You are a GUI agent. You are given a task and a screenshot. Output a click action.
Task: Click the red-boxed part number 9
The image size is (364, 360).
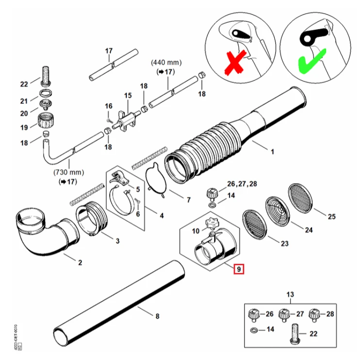point(239,269)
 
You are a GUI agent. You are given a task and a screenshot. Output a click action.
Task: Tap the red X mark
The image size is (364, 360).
point(235,63)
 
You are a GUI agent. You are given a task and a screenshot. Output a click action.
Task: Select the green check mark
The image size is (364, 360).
point(312,61)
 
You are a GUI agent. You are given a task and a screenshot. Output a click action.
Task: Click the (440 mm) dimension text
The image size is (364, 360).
point(166,63)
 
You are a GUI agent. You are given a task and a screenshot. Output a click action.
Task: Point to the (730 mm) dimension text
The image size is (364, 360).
point(69,172)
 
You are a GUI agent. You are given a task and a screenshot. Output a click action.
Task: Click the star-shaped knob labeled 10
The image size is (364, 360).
point(211,223)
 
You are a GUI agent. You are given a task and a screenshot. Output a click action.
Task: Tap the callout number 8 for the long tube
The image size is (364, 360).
point(157,316)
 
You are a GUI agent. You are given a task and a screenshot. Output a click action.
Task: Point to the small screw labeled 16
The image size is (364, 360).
point(109,120)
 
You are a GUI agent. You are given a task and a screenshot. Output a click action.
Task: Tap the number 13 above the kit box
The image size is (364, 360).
point(290,294)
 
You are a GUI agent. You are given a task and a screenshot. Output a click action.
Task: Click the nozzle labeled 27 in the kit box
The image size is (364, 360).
point(284,315)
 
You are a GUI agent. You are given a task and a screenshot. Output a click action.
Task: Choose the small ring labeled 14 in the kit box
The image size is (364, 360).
point(254,329)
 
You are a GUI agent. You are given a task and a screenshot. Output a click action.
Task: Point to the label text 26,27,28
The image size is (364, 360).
point(242,184)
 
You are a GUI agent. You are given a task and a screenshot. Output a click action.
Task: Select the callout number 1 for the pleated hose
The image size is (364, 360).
point(273,152)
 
